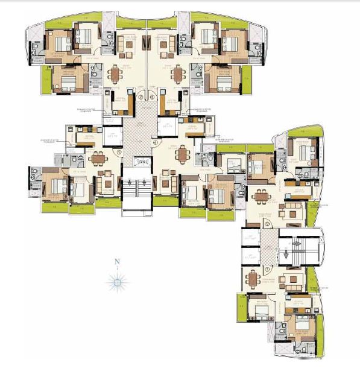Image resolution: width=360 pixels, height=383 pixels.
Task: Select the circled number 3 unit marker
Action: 153,97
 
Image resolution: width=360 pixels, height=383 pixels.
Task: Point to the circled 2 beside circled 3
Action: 141,97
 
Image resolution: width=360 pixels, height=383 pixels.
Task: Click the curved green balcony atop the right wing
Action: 305,133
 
